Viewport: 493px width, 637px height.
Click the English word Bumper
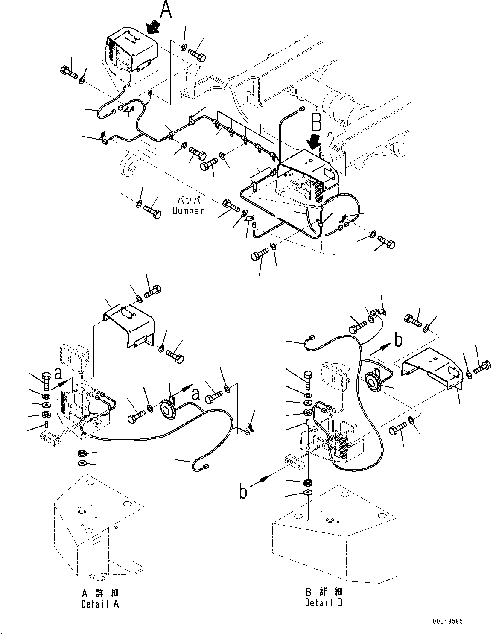point(188,210)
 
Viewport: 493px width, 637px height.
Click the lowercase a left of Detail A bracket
point(59,374)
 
